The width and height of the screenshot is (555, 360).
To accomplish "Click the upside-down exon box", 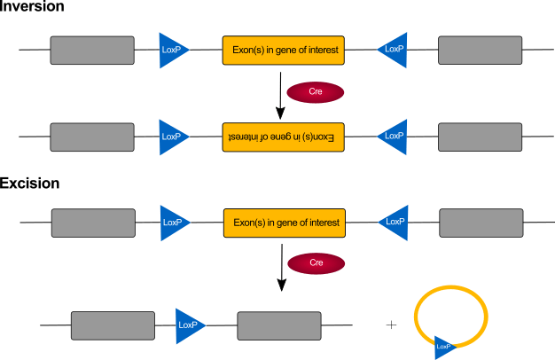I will pyautogui.click(x=283, y=137).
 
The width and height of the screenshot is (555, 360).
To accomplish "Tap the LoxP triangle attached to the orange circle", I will pyautogui.click(x=444, y=347).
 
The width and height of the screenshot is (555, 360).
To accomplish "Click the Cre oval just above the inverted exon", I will pyautogui.click(x=315, y=92).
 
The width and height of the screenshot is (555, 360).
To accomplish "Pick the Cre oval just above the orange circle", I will pyautogui.click(x=316, y=263).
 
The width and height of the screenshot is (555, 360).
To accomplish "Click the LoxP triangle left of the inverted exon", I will pyautogui.click(x=172, y=137).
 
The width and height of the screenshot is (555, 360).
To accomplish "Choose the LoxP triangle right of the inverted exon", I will pyautogui.click(x=394, y=137).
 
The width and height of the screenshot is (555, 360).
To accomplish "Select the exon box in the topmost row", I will pyautogui.click(x=283, y=50).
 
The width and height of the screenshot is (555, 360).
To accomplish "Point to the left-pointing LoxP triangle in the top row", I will pyautogui.click(x=394, y=50).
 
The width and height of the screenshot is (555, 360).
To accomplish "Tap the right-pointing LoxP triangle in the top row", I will pyautogui.click(x=172, y=51).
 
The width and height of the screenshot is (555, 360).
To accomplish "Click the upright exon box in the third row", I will pyautogui.click(x=284, y=223).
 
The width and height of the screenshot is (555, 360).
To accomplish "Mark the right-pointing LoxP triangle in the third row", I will pyautogui.click(x=173, y=223).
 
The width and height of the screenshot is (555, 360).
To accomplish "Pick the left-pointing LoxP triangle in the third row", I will pyautogui.click(x=395, y=223).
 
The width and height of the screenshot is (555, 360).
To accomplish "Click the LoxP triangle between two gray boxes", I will pyautogui.click(x=188, y=325).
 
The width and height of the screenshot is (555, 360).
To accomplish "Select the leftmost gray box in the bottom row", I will pyautogui.click(x=113, y=325).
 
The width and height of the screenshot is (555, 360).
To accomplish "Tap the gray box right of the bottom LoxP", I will pyautogui.click(x=279, y=325).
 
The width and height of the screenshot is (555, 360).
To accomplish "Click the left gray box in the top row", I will pyautogui.click(x=92, y=51).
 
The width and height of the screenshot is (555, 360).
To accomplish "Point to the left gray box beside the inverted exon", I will pyautogui.click(x=92, y=137).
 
